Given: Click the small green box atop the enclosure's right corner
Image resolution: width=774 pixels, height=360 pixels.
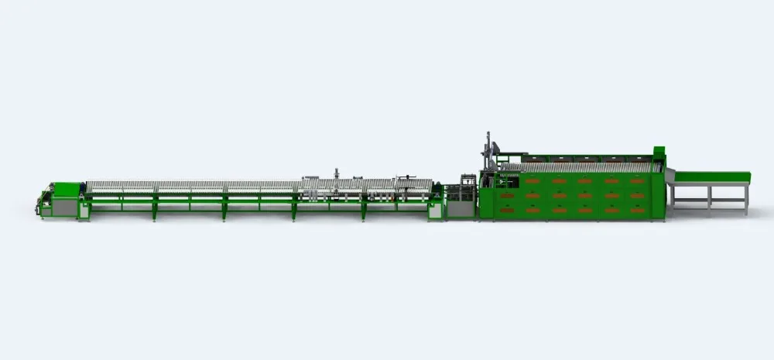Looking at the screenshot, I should [659, 149].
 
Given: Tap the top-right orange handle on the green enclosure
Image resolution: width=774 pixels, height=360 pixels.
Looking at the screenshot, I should [637, 181].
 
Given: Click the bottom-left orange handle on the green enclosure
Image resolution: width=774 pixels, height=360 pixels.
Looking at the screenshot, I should [507, 210].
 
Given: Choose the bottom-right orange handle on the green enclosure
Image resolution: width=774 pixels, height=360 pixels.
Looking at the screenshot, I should [637, 210].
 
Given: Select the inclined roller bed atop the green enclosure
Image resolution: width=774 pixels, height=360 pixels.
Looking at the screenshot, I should [580, 166].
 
